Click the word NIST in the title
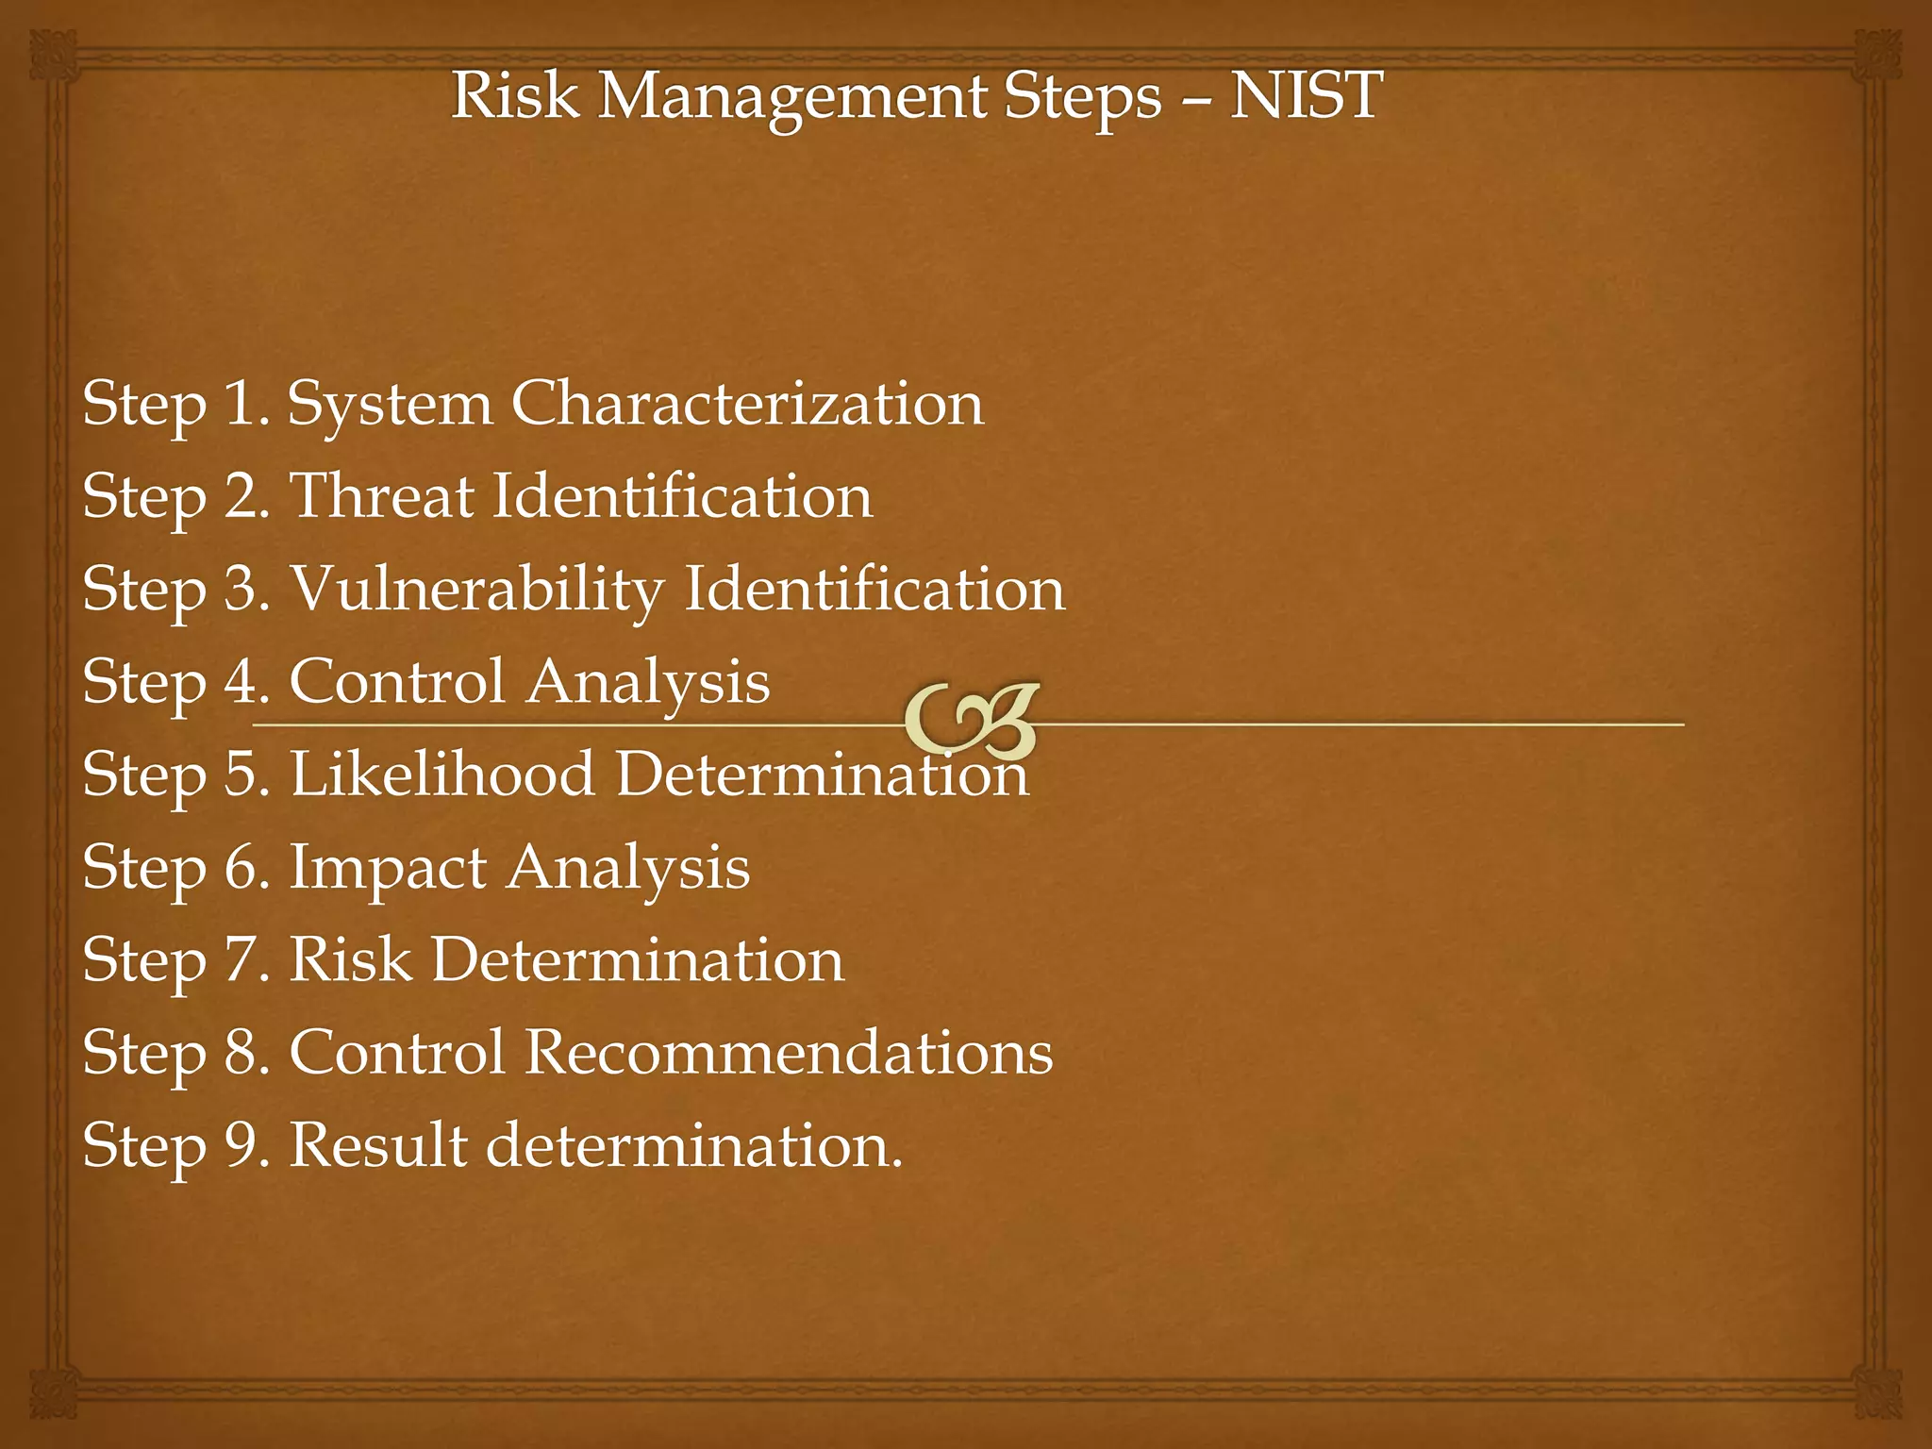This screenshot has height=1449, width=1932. point(1306,96)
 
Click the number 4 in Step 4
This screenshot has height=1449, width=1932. point(241,681)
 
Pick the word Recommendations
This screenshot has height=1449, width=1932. point(789,1052)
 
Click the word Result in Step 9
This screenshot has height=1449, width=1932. point(377,1144)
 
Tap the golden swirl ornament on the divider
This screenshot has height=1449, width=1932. point(972,723)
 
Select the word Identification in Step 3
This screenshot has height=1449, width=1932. point(874,589)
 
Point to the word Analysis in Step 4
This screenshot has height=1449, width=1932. point(648,681)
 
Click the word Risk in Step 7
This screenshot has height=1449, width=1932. point(350,959)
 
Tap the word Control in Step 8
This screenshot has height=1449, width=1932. point(397,1052)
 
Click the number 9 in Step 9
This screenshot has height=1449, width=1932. point(241,1144)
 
